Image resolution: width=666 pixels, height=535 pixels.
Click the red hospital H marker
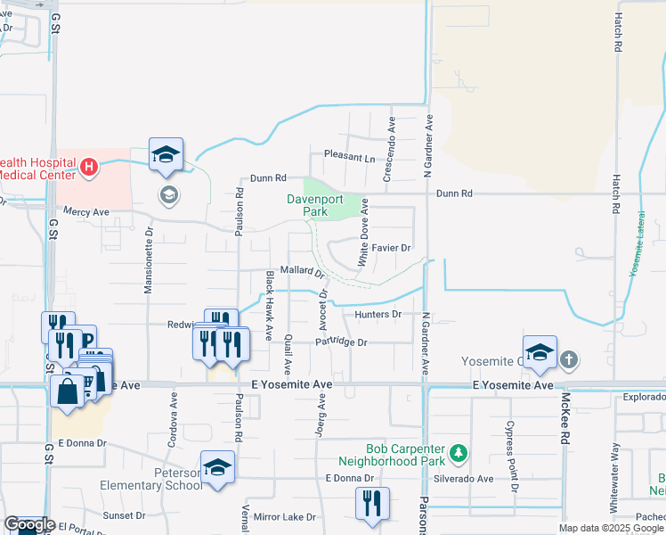pyautogui.click(x=89, y=166)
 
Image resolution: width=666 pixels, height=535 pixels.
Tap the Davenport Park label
pyautogui.click(x=309, y=206)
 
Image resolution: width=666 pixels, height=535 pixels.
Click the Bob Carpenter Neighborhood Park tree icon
pyautogui.click(x=459, y=454)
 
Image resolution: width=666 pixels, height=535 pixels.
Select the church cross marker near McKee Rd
pyautogui.click(x=569, y=360)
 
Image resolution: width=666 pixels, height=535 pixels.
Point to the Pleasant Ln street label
pyautogui.click(x=350, y=157)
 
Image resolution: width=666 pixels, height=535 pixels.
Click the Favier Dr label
pyautogui.click(x=391, y=247)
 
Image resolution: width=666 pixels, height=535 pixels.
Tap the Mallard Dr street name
pyautogui.click(x=302, y=270)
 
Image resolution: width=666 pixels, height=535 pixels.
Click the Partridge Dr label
pyautogui.click(x=341, y=342)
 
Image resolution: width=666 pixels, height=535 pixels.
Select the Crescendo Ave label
pyautogui.click(x=387, y=149)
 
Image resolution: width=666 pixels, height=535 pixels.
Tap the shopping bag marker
pyautogui.click(x=68, y=391)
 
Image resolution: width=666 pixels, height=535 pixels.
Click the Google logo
pyautogui.click(x=29, y=525)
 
